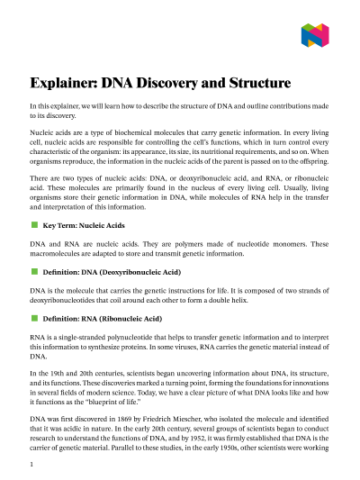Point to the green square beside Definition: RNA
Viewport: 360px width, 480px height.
[33, 318]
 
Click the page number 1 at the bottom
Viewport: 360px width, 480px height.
[31, 464]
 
